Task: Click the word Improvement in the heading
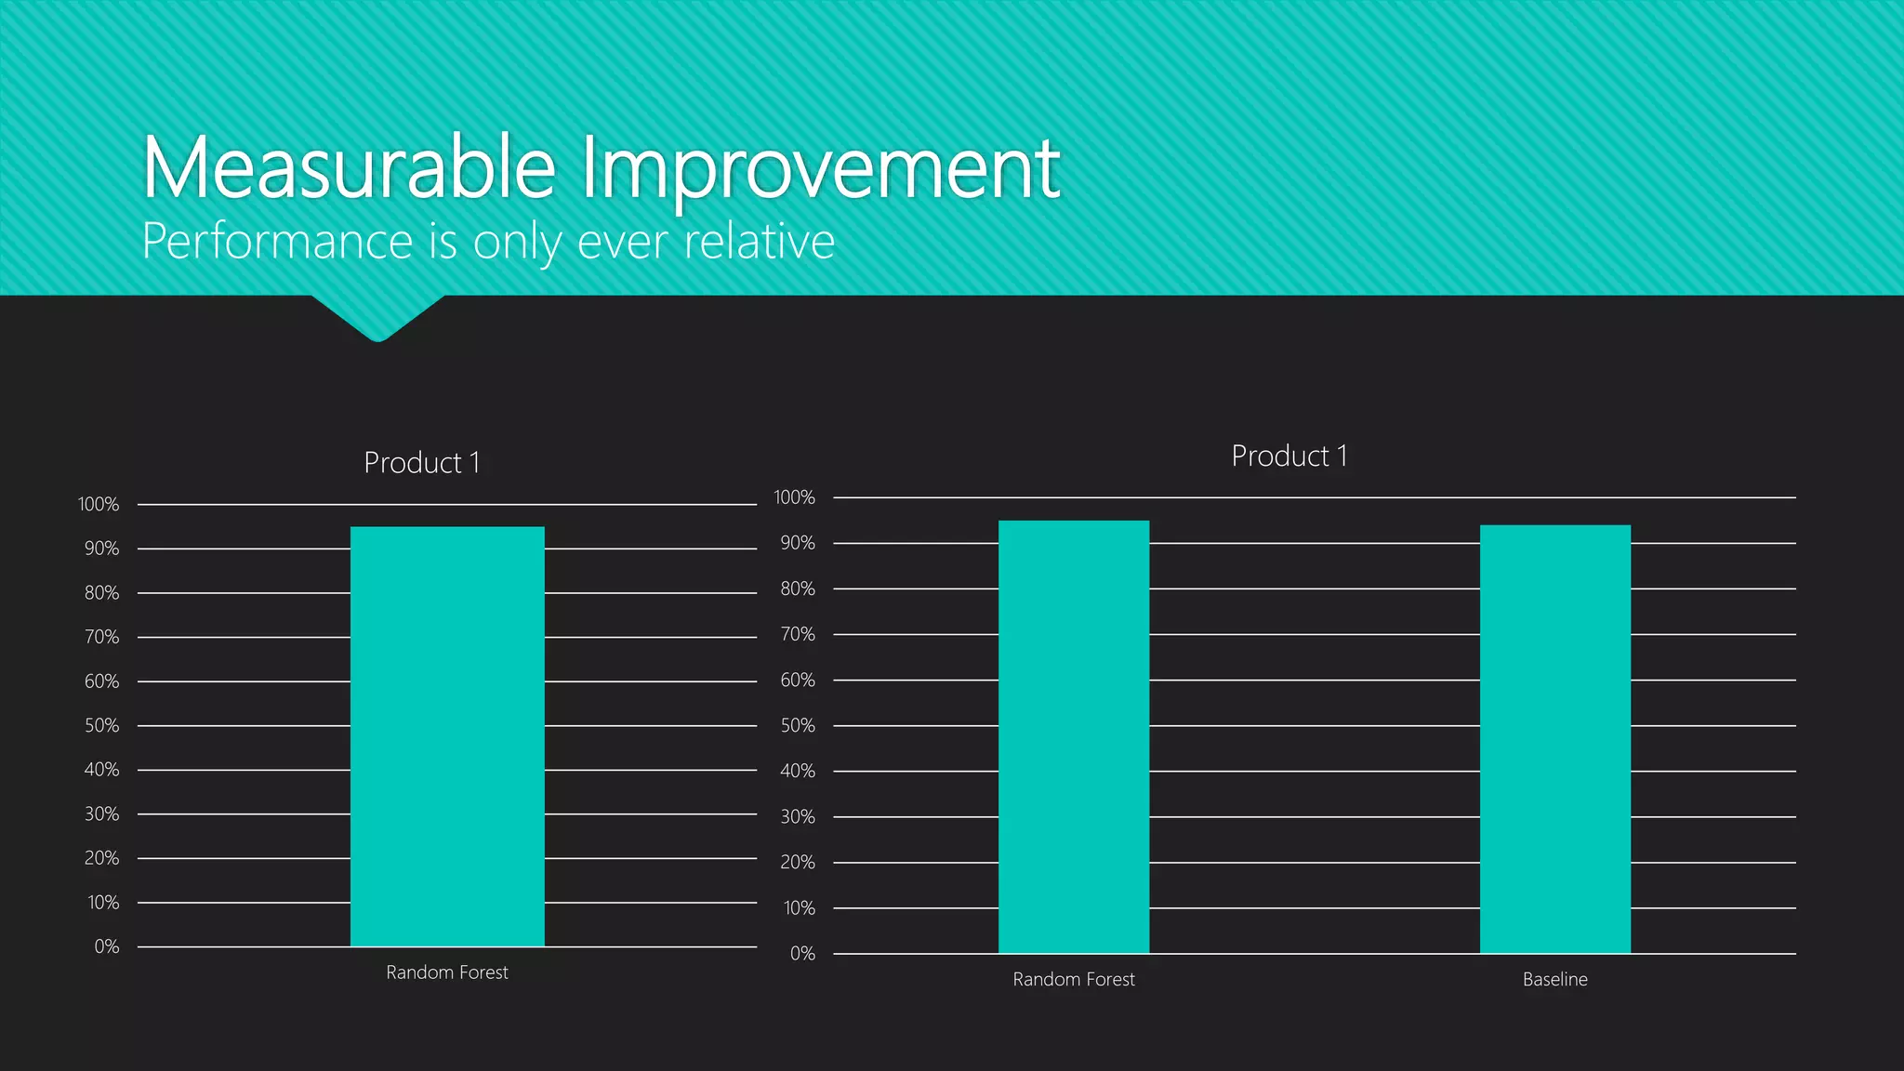point(820,169)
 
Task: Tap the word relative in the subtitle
point(760,242)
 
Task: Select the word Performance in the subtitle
point(277,242)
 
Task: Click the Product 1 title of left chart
point(422,462)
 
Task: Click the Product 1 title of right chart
point(1289,456)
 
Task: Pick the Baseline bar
point(1555,739)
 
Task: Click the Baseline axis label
point(1555,979)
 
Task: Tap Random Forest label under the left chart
point(447,972)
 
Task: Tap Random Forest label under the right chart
point(1074,979)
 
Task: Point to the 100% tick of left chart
point(99,504)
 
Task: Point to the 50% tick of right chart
point(798,725)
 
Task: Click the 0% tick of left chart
point(107,946)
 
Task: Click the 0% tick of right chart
point(802,953)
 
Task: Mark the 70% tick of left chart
point(101,637)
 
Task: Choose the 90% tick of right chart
point(798,543)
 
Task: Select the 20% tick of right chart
point(798,862)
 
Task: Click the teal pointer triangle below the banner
point(377,316)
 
